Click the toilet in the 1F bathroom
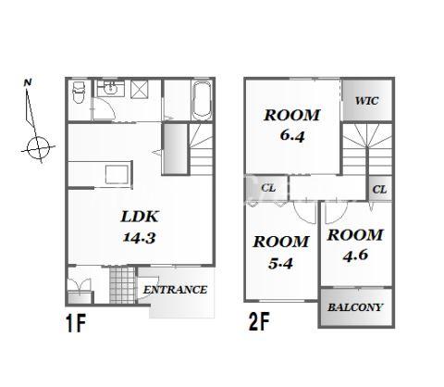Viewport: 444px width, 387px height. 79,92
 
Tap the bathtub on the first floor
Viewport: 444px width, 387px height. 202,100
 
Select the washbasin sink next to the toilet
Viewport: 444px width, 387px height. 111,89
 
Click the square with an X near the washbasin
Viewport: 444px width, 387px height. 139,90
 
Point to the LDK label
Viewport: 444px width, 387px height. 140,217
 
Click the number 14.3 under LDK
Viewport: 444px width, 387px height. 140,238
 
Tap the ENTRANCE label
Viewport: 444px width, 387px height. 175,290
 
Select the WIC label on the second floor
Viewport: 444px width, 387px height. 366,101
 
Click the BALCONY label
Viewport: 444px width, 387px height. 355,307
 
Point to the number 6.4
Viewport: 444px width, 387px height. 292,135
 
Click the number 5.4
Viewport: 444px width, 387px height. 280,263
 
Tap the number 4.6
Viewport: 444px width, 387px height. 355,256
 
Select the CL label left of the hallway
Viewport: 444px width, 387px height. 268,188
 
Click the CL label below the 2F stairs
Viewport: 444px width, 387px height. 379,189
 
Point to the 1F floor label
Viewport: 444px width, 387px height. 76,322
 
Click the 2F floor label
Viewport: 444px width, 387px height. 259,321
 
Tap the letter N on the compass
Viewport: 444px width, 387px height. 28,82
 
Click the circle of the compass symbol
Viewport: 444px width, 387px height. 38,148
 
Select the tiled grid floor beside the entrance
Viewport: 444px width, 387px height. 122,285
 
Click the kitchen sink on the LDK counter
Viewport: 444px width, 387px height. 117,174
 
